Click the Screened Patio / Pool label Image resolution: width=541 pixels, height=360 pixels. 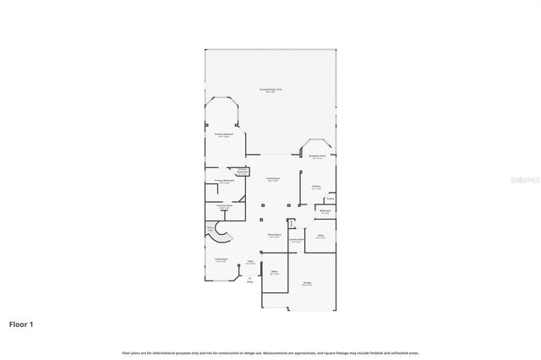coord(270,90)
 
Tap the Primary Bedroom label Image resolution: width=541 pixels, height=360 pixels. coord(223,134)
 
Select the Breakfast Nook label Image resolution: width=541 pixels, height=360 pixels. coord(317,156)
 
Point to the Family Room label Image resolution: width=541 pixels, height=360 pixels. coord(274,180)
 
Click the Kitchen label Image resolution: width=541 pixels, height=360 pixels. coord(316,188)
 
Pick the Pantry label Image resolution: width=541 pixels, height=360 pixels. coord(331,199)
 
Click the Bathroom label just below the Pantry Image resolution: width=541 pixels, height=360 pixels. coord(325,211)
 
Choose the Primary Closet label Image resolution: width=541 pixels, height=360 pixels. coord(224,206)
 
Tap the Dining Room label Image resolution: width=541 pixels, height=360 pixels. coord(274,237)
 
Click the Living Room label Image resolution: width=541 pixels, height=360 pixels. coord(221,260)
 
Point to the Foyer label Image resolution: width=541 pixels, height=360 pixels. coord(251,263)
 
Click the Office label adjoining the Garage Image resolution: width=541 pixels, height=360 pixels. coord(274,273)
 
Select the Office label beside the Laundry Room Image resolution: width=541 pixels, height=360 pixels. coord(320,237)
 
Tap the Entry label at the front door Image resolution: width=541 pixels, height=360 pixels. coord(249,281)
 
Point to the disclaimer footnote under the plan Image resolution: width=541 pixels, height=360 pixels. coord(270,352)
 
